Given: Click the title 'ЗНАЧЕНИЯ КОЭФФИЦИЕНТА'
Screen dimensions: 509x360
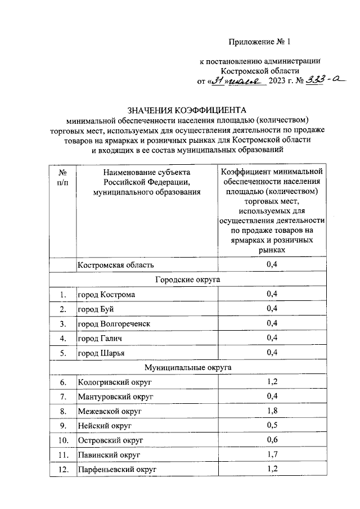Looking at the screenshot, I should pyautogui.click(x=187, y=110).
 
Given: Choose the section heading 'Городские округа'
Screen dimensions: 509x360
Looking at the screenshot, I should pyautogui.click(x=187, y=279).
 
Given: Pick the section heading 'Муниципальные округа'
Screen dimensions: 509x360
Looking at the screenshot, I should pyautogui.click(x=187, y=367).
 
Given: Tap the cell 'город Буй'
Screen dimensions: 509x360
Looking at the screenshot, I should pyautogui.click(x=97, y=309).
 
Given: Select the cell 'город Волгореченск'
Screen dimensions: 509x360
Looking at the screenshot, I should pyautogui.click(x=114, y=323).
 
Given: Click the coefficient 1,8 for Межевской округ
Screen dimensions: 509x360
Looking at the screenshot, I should pyautogui.click(x=272, y=411).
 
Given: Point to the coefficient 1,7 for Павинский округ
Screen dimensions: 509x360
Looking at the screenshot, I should pyautogui.click(x=272, y=454).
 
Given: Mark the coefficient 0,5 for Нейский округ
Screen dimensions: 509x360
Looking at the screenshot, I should pyautogui.click(x=272, y=425).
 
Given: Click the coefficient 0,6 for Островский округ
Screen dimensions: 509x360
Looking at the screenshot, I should pyautogui.click(x=272, y=439).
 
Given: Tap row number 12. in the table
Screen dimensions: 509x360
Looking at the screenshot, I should pyautogui.click(x=63, y=469).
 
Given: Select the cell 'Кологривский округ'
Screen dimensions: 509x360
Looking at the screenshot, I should pyautogui.click(x=115, y=382).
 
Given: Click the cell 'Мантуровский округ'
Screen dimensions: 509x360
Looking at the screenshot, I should pyautogui.click(x=116, y=397).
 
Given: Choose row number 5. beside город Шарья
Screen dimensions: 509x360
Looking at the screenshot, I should pyautogui.click(x=63, y=353).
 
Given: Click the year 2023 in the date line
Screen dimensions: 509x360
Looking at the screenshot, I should pyautogui.click(x=280, y=82).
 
